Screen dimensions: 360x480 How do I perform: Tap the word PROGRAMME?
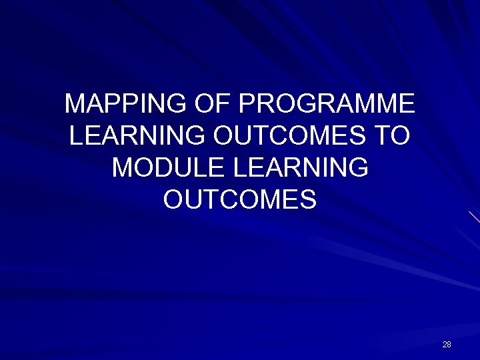327,104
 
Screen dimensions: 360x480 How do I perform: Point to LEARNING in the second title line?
137,136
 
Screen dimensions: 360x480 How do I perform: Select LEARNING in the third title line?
301,167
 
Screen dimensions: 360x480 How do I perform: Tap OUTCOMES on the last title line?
240,199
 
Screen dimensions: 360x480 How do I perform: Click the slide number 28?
447,345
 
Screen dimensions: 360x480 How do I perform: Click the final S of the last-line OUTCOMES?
308,199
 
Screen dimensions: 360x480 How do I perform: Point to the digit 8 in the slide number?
449,345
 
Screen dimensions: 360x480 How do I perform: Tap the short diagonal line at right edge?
474,217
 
